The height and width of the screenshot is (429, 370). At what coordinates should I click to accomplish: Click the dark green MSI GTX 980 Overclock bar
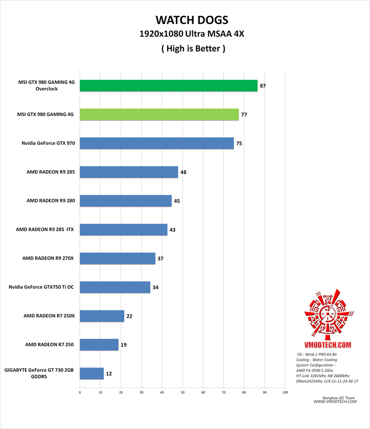[169, 86]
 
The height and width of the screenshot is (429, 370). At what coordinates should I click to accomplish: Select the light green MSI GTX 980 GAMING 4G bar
[159, 115]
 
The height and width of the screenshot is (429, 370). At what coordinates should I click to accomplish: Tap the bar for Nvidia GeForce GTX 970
[157, 143]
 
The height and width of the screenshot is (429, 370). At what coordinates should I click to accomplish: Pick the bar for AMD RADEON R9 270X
[118, 258]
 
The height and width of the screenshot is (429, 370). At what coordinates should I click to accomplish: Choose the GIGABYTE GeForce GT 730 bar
[92, 374]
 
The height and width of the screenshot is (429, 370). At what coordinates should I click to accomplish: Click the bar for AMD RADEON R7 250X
[102, 316]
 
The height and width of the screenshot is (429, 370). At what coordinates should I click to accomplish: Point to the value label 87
[263, 86]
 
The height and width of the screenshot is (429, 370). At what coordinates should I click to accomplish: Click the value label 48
[183, 172]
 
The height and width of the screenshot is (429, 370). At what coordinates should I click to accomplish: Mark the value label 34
[156, 287]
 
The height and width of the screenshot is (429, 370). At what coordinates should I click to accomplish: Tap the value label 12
[108, 374]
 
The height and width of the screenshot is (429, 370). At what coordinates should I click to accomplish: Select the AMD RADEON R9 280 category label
[51, 201]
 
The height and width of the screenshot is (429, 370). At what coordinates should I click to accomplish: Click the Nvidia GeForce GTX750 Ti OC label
[42, 287]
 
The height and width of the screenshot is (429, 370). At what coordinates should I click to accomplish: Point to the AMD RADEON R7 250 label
[50, 345]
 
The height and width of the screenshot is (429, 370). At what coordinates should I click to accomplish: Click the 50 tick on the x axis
[182, 393]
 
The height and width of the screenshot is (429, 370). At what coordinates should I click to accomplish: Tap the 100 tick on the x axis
[285, 393]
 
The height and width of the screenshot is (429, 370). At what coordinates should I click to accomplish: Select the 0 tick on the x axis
[80, 393]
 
